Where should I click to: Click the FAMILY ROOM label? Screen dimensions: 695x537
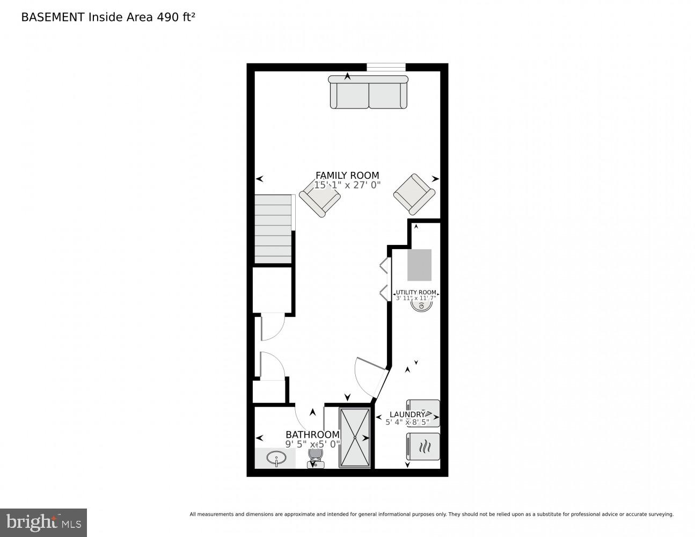[x=347, y=176]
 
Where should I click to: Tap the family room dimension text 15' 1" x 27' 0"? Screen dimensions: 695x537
[x=347, y=185]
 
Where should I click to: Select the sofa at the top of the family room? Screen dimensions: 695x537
[x=368, y=92]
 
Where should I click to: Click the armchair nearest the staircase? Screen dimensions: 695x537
[x=319, y=198]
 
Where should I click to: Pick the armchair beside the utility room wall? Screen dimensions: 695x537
[x=414, y=194]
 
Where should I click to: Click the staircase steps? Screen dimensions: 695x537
[x=274, y=229]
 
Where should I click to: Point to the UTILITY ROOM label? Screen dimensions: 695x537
[x=416, y=292]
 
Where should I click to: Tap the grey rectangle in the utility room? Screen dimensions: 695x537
[x=419, y=265]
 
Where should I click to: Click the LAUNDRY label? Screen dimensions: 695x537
[x=407, y=415]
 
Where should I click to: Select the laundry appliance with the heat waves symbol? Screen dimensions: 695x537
[x=423, y=446]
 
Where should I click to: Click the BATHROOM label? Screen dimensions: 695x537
[x=312, y=434]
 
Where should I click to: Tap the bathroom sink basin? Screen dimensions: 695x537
[x=276, y=458]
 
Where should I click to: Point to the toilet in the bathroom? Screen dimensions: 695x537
[x=316, y=458]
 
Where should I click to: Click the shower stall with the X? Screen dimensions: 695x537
[x=355, y=438]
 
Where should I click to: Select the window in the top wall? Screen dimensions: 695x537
[x=386, y=67]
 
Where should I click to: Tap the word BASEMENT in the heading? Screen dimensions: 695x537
[x=53, y=17]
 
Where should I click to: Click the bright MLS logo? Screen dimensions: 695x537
[x=43, y=523]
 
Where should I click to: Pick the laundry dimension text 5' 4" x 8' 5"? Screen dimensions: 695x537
[x=407, y=423]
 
